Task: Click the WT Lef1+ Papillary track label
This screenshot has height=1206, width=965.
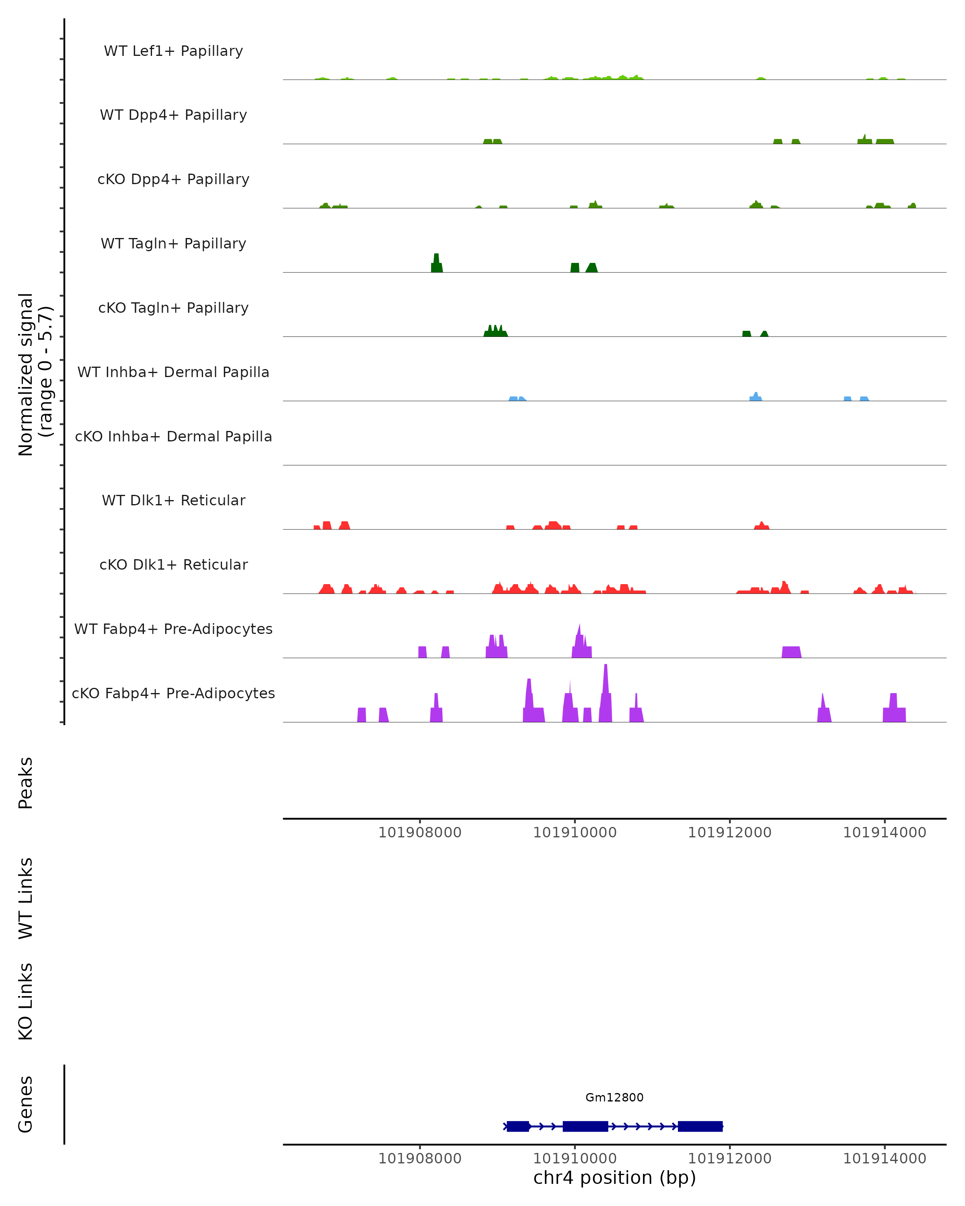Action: click(x=173, y=51)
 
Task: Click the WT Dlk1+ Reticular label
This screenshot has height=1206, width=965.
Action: click(x=173, y=500)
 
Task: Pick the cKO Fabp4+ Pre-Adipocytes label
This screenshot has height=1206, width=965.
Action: click(x=173, y=693)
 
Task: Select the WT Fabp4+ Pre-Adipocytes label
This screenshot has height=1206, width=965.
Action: click(x=173, y=629)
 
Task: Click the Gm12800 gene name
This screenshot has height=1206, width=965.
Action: click(x=614, y=1097)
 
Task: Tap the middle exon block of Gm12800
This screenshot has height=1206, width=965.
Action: click(x=585, y=1126)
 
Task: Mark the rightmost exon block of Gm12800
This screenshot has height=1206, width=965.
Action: click(x=700, y=1126)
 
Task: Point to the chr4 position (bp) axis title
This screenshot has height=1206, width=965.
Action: click(x=614, y=1177)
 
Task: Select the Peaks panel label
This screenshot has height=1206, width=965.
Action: click(x=26, y=783)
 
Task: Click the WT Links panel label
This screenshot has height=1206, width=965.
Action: click(x=26, y=898)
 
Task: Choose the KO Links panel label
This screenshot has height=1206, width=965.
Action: click(x=26, y=1002)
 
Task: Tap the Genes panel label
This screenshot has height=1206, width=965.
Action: click(x=26, y=1104)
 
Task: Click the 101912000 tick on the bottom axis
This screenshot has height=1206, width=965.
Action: click(x=729, y=1159)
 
